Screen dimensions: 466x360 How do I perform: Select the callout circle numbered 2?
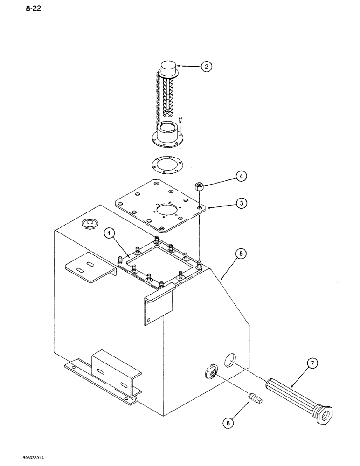(x=206, y=67)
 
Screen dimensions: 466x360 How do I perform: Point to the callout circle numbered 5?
(x=240, y=254)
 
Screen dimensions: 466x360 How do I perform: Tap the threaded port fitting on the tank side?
(x=211, y=372)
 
